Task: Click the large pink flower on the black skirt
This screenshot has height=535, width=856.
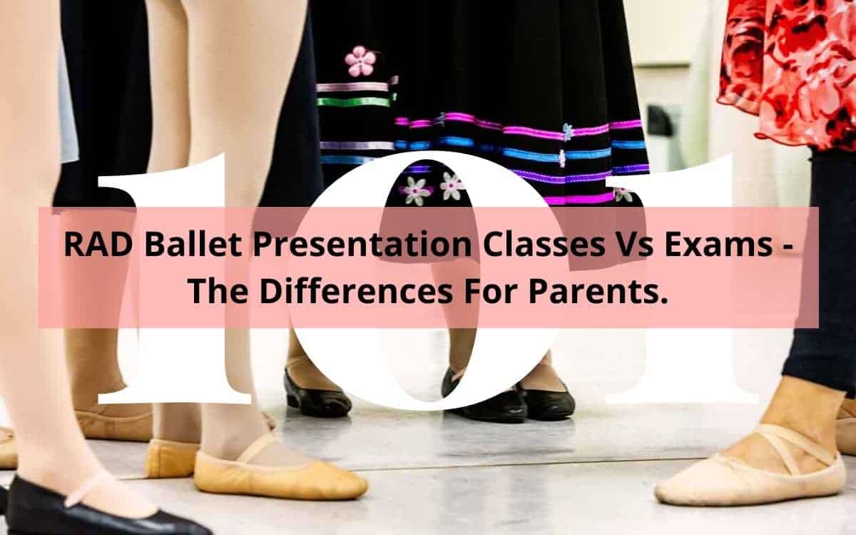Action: coord(360,61)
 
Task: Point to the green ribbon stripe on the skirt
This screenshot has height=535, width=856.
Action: coord(354,102)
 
